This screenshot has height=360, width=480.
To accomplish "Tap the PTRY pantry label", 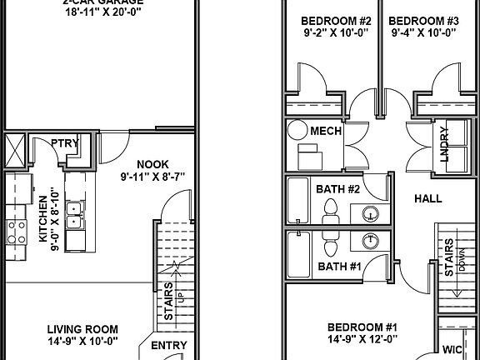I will [x=64, y=142].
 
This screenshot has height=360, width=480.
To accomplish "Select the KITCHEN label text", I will [x=43, y=219].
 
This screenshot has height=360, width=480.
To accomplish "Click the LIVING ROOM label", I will [x=82, y=328].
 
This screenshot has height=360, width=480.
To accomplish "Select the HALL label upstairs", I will [x=427, y=198].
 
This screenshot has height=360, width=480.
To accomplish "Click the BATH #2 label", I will [x=337, y=189].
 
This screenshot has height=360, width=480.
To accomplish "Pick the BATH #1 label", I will [x=337, y=267].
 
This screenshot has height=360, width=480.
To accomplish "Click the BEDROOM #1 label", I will [x=362, y=326].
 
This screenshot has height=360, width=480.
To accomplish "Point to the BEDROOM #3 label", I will [x=423, y=20].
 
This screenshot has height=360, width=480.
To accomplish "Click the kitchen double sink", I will [x=74, y=215].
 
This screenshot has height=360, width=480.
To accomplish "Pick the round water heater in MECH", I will [x=297, y=130].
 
